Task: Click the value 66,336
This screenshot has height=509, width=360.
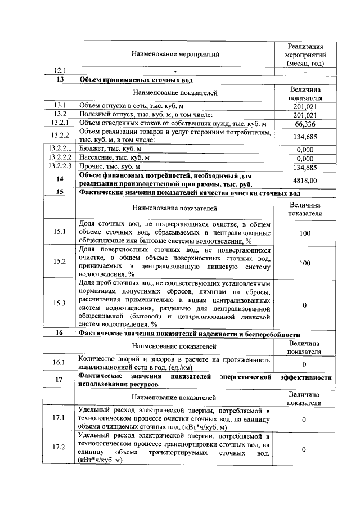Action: tap(304, 124)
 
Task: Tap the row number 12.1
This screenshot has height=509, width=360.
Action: tap(60, 71)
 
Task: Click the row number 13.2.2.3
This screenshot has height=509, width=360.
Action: tap(60, 167)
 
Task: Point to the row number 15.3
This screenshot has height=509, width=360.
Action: tap(60, 303)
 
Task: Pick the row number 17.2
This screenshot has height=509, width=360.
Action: tap(60, 448)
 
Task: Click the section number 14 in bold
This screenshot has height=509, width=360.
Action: tap(60, 180)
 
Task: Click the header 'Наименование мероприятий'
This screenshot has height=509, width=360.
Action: tap(175, 55)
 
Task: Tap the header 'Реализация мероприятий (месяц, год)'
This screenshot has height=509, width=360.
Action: tap(304, 55)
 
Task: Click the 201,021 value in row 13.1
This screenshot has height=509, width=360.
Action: tap(304, 106)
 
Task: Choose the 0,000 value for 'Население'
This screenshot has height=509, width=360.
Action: tap(304, 159)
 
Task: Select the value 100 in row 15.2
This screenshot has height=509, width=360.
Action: tap(304, 263)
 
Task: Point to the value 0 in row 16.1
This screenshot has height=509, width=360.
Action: tap(304, 364)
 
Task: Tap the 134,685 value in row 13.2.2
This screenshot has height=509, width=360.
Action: tap(304, 136)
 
